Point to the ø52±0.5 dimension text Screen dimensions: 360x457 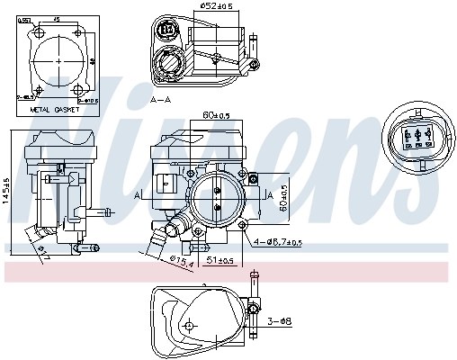tap(216, 6)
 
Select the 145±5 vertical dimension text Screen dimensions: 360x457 tap(6, 190)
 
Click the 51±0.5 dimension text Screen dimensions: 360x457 tap(220, 261)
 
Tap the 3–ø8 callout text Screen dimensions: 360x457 tap(281, 320)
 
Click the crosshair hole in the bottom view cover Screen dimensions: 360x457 tap(190, 326)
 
